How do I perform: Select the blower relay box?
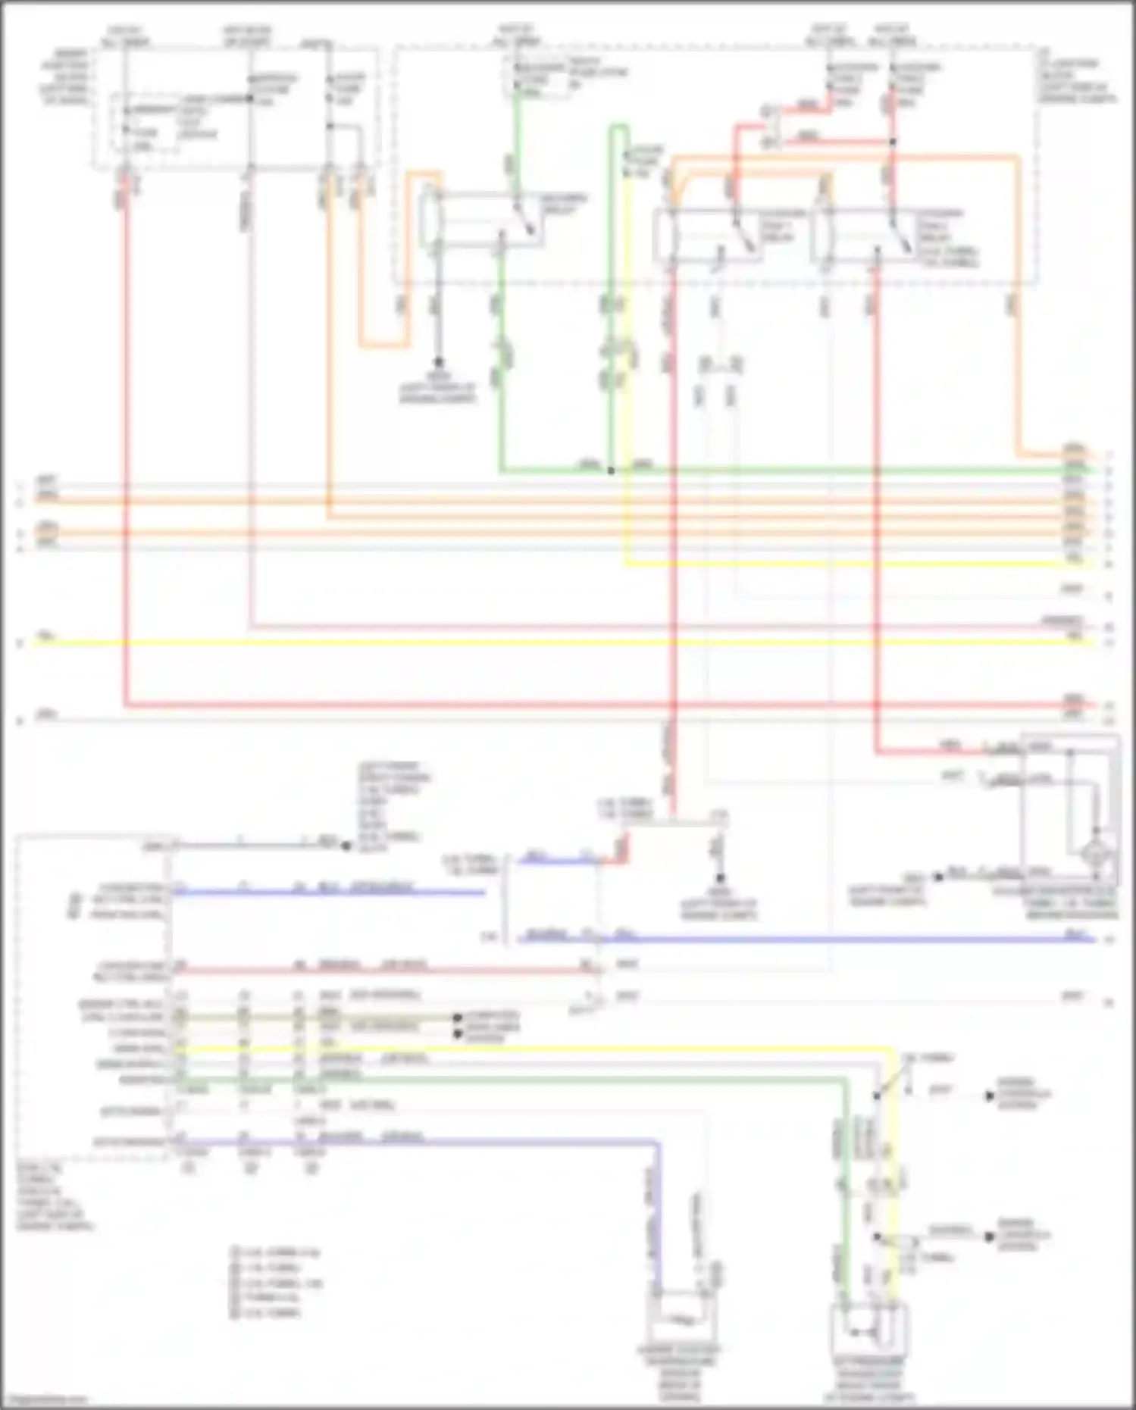point(483,220)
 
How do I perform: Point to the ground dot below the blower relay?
point(438,363)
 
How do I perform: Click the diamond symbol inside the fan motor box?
point(1097,854)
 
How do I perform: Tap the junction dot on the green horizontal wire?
point(611,471)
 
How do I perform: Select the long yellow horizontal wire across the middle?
point(530,642)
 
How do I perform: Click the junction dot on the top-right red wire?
point(893,142)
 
